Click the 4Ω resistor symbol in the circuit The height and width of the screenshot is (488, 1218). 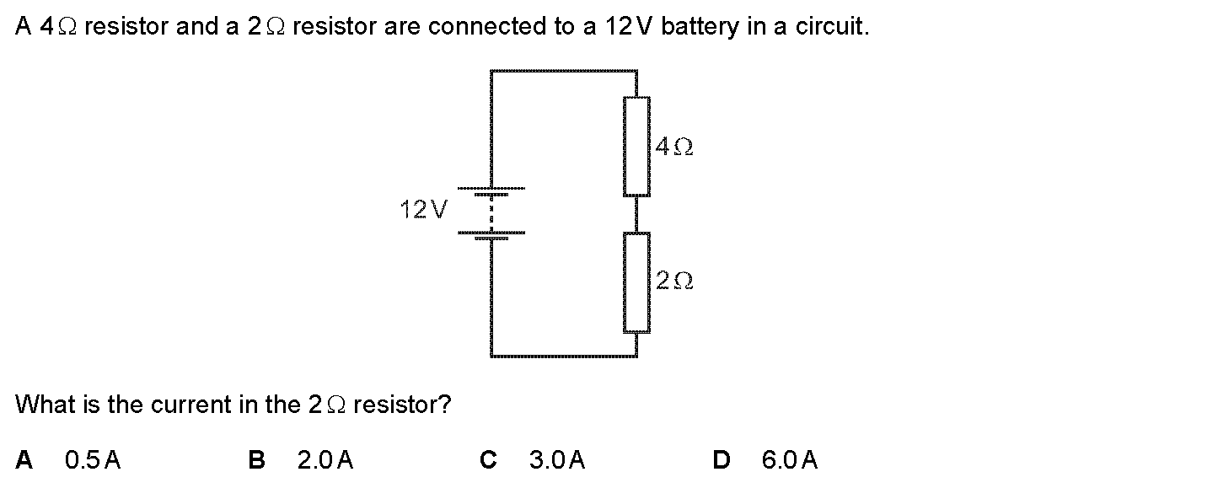636,147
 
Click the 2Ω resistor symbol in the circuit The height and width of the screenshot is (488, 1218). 636,282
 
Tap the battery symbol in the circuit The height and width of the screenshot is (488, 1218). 491,212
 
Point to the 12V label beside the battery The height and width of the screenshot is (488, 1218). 425,209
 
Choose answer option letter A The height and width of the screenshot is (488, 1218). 24,460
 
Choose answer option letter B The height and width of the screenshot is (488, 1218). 257,460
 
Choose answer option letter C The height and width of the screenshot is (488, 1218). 488,460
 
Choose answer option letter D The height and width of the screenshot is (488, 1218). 721,460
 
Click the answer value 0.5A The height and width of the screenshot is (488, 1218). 93,460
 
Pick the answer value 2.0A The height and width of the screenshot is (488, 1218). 325,460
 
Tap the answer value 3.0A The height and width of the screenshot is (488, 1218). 557,460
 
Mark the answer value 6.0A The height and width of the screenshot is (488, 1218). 789,460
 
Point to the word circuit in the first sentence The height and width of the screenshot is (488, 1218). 834,27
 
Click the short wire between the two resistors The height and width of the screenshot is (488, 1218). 636,214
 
